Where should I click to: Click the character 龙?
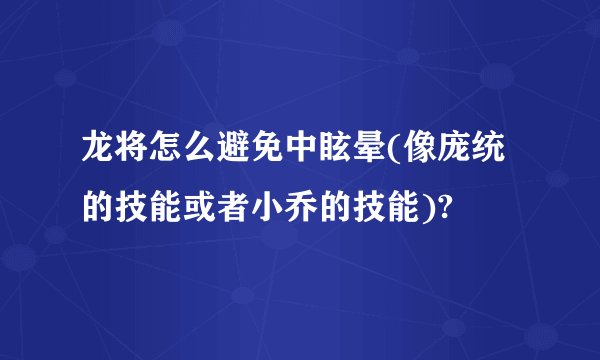[x=100, y=154]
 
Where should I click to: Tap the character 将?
[x=134, y=154]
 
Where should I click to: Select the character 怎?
[x=168, y=154]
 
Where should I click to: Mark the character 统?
[x=485, y=154]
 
